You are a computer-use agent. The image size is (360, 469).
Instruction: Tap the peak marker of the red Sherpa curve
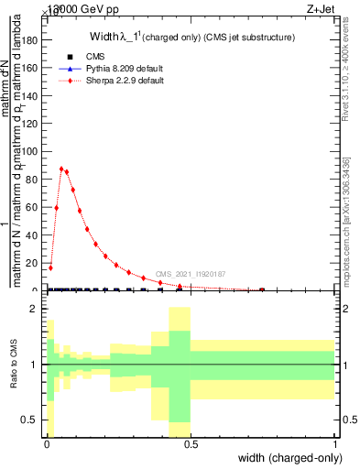tap(61, 169)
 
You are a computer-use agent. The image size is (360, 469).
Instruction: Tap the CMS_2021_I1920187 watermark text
tap(190, 274)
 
